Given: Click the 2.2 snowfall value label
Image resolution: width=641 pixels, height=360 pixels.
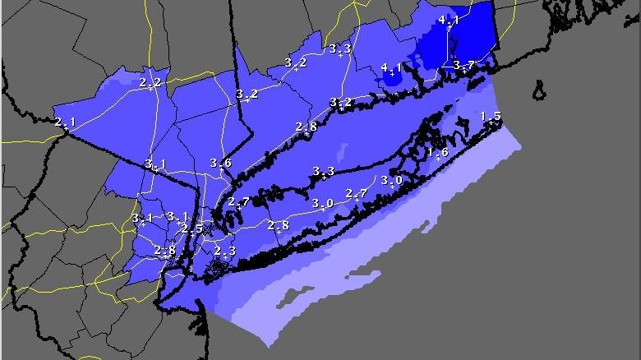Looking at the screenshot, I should [150, 82].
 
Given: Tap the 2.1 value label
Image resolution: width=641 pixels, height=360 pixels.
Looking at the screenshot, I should [65, 122].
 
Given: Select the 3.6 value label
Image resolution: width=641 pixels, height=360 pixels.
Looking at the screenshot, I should [220, 163].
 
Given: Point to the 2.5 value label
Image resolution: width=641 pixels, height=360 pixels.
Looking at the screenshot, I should [192, 228].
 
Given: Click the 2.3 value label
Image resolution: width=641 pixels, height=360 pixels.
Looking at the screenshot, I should [225, 251].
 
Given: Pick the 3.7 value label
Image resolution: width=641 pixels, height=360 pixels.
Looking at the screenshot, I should [463, 65].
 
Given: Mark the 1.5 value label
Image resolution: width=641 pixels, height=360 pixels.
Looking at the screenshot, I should [491, 116].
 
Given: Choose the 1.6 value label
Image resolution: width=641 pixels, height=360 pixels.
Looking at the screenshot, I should [437, 152].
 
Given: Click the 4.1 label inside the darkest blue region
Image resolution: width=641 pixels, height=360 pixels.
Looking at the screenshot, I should [449, 20].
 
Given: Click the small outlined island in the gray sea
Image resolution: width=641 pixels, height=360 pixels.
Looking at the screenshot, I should [539, 88].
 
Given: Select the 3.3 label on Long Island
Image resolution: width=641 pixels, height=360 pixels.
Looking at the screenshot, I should [324, 172].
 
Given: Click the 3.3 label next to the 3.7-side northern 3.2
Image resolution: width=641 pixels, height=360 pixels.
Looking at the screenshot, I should [340, 49].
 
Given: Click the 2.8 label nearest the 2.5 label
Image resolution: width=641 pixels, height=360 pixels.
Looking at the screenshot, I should [165, 250].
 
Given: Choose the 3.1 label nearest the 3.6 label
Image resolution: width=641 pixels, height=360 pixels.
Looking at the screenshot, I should [155, 164].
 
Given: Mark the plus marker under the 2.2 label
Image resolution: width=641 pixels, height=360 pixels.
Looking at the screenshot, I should [150, 87].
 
